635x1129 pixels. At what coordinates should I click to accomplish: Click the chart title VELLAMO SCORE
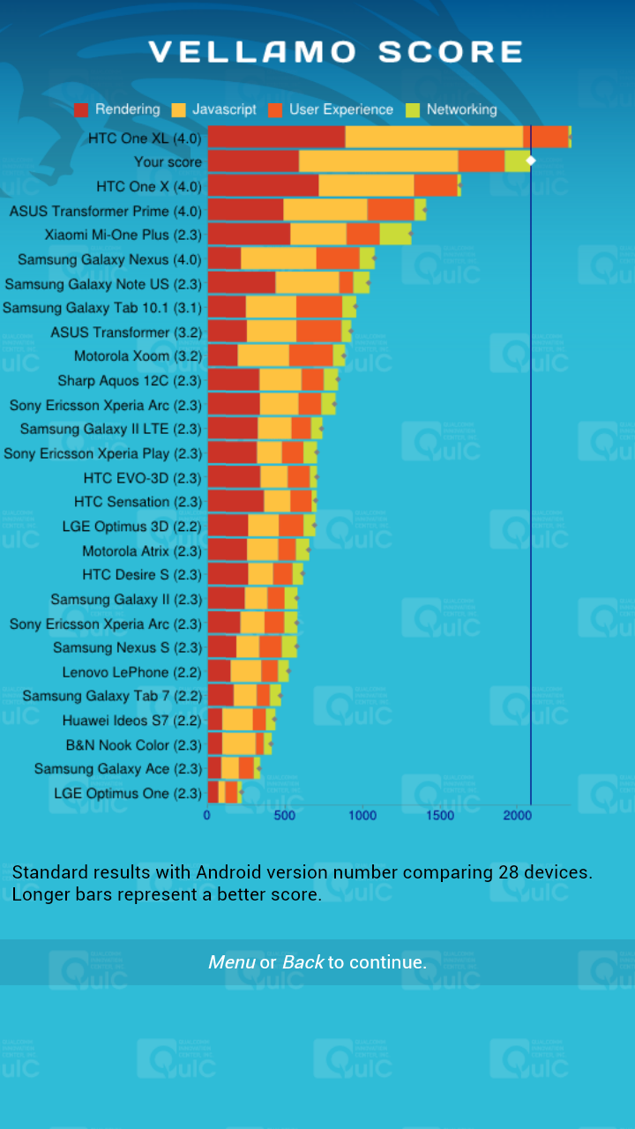click(x=335, y=52)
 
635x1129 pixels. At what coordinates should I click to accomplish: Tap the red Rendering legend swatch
click(x=81, y=110)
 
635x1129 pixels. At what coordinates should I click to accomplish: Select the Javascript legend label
click(x=224, y=110)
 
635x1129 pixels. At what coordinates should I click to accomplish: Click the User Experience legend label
click(x=340, y=110)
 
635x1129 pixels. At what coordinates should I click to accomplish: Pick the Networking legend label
click(x=461, y=110)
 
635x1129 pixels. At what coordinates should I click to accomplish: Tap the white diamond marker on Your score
click(x=531, y=161)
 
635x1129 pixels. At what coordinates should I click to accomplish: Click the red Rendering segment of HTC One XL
click(x=276, y=137)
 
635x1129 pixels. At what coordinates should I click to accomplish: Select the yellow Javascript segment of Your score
click(x=378, y=161)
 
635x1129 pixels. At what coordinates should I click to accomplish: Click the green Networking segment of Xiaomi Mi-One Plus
click(x=395, y=234)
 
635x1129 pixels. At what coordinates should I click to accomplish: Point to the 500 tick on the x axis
click(x=285, y=816)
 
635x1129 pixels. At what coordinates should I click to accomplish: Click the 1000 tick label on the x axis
click(x=362, y=816)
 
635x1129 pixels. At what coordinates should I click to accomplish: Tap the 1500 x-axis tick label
click(x=440, y=816)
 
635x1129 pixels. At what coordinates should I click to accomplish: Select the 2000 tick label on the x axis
click(x=518, y=816)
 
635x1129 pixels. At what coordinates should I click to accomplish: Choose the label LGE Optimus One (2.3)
click(x=128, y=793)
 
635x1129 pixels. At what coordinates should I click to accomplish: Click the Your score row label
click(x=168, y=162)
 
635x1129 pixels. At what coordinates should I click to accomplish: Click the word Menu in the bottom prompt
click(x=231, y=962)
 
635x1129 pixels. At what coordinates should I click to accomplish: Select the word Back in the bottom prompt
click(x=303, y=962)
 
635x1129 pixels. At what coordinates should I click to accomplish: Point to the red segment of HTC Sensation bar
click(x=235, y=501)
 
